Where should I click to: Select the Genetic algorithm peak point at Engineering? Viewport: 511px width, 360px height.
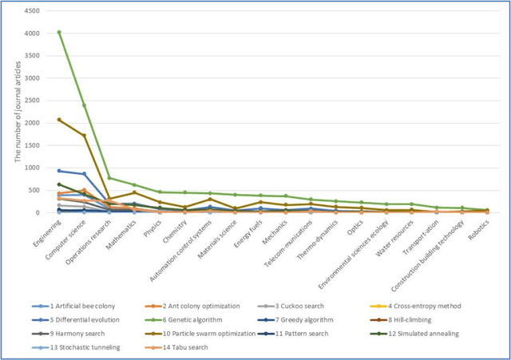(59, 33)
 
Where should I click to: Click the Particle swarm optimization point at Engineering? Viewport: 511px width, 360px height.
(59, 120)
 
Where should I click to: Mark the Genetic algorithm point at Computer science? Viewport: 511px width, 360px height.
(85, 105)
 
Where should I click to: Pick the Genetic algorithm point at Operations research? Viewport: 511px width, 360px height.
(110, 178)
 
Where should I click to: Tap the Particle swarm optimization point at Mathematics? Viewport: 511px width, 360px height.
(136, 192)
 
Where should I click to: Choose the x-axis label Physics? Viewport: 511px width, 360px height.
(153, 227)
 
